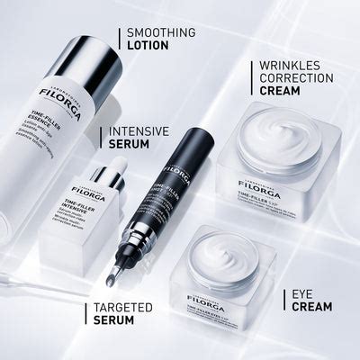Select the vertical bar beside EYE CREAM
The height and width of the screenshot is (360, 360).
point(282,299)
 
